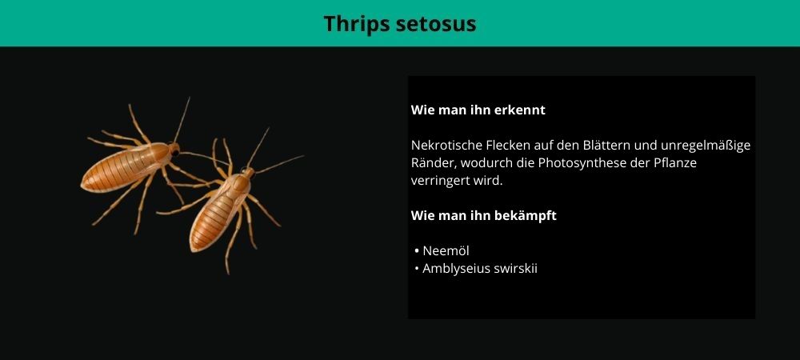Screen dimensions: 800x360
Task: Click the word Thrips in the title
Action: pyautogui.click(x=352, y=24)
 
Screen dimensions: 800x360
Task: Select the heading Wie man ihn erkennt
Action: pyautogui.click(x=478, y=110)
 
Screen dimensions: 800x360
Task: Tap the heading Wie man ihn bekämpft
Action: pyautogui.click(x=484, y=216)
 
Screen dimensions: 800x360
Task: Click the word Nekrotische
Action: pyautogui.click(x=439, y=146)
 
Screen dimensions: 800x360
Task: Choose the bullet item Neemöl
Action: pyautogui.click(x=446, y=251)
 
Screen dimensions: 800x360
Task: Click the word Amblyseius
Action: pyautogui.click(x=456, y=269)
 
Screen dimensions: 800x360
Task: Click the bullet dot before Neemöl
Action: pyautogui.click(x=417, y=251)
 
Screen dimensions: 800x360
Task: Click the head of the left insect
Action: pyautogui.click(x=174, y=149)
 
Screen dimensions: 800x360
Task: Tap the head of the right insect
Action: pyautogui.click(x=247, y=173)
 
